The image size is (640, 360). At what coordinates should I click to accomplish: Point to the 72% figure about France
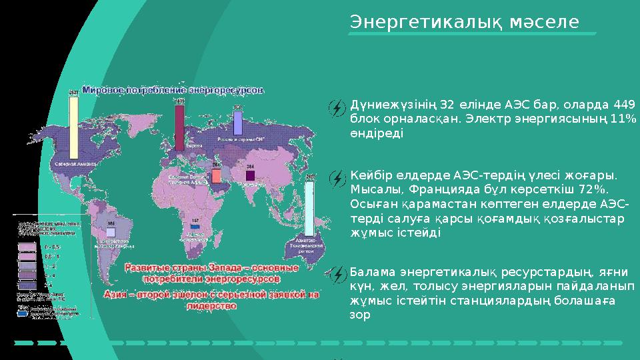tap(599, 190)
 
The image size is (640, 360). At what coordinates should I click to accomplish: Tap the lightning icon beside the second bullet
tap(339, 177)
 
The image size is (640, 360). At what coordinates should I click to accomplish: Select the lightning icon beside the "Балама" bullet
tap(339, 273)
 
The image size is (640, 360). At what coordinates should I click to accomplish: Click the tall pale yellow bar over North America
tap(73, 127)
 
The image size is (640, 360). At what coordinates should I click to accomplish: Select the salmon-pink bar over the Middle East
tap(216, 175)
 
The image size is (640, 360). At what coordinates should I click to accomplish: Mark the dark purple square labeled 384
tap(250, 175)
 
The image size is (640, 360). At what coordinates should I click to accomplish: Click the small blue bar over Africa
tap(195, 227)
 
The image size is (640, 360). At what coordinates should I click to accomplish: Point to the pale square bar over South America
tap(111, 231)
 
